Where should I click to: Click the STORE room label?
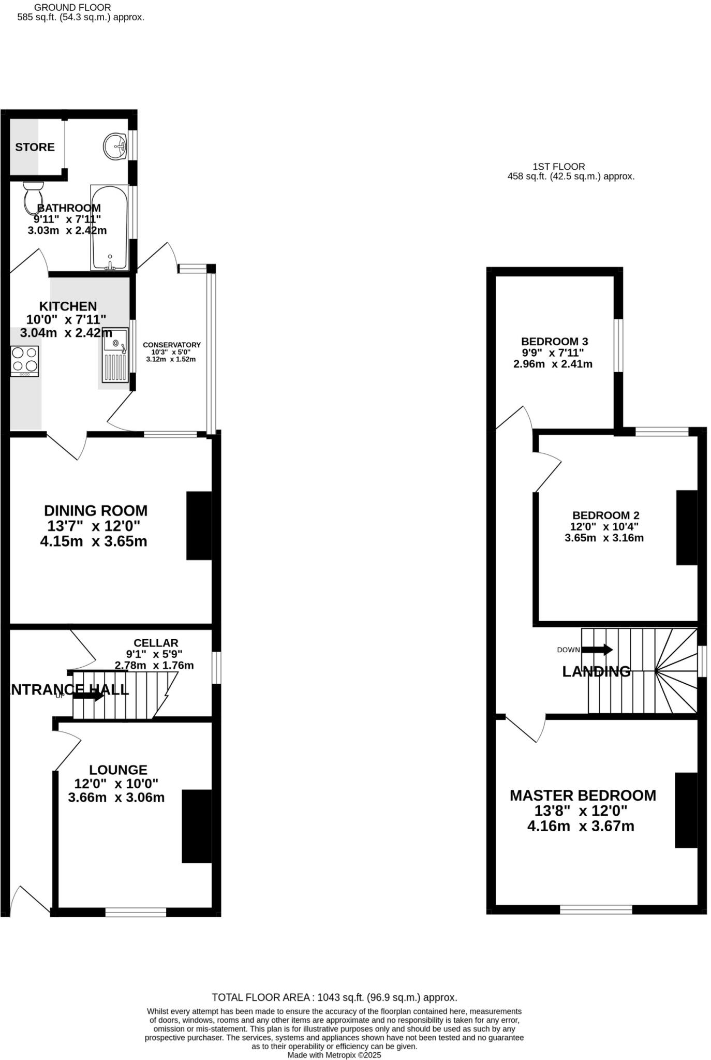(x=35, y=147)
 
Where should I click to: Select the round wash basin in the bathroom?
(x=114, y=146)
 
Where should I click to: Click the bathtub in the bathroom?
(x=109, y=228)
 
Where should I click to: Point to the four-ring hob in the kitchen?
(x=25, y=360)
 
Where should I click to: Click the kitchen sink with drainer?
(x=114, y=356)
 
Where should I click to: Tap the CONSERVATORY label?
(x=171, y=345)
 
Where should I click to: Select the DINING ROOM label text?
(x=96, y=510)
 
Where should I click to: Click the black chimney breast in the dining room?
(x=199, y=525)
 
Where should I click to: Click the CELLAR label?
(x=156, y=643)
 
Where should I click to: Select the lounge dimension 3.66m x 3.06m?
(x=116, y=798)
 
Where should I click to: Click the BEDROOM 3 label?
(x=554, y=342)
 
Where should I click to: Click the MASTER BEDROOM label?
(x=583, y=796)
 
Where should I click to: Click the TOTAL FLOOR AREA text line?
(x=334, y=997)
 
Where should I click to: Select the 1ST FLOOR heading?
(x=558, y=167)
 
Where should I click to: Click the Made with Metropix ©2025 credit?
(x=334, y=1055)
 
